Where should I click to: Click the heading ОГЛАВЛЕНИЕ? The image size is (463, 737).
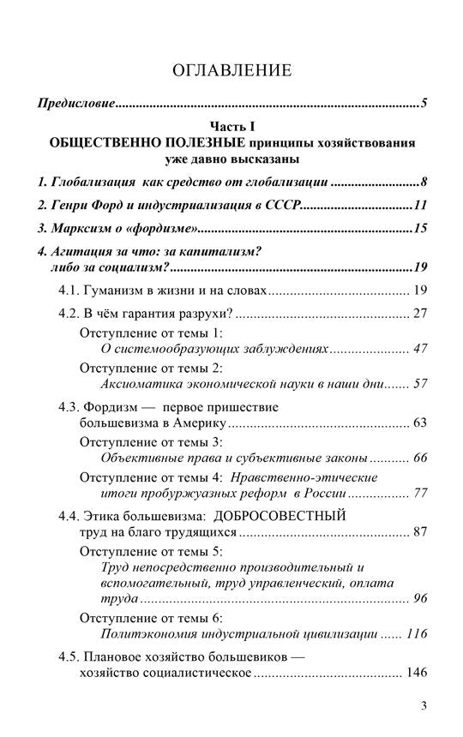[x=231, y=70]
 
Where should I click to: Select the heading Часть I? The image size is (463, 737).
[x=231, y=126]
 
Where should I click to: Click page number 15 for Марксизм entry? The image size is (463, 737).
[x=419, y=229]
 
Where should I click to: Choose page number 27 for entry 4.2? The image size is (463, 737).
[x=419, y=313]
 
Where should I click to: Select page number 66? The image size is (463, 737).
[x=419, y=458]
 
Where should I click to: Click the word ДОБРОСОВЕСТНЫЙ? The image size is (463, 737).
[x=280, y=516]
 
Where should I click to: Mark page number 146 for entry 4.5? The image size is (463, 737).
[x=415, y=674]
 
